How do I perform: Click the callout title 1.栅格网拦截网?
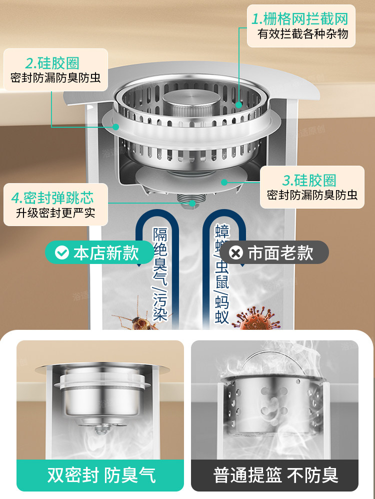tap(299, 19)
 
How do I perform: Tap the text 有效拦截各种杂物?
tap(302, 34)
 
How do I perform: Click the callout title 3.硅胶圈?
tap(309, 180)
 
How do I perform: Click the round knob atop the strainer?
tap(187, 103)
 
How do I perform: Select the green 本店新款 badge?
tap(99, 252)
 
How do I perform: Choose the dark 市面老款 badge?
tap(274, 252)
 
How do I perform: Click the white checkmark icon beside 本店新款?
tap(61, 252)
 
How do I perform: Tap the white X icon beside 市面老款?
tap(236, 252)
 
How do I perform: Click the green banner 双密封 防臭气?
tap(100, 474)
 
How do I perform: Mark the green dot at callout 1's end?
tap(239, 105)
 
